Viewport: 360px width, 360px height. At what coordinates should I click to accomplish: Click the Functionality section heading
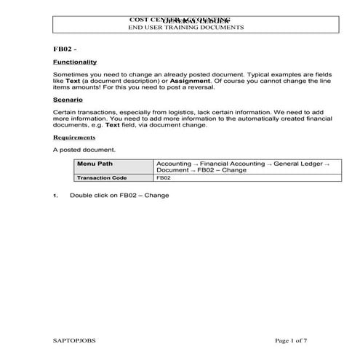75,63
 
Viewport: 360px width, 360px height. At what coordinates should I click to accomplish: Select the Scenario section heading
68,99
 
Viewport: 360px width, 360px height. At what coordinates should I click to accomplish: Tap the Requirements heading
74,137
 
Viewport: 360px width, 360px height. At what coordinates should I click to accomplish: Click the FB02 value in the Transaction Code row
164,177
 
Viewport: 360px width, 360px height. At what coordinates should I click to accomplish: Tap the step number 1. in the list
56,196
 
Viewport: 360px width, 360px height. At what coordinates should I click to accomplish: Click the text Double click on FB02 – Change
119,196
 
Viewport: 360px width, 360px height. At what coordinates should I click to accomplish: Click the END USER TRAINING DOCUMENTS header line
185,28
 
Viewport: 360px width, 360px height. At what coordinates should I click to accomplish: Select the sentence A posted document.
84,150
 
